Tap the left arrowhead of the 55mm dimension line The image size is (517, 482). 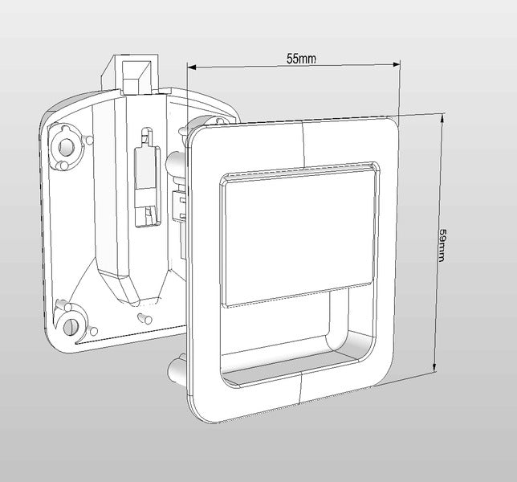pos(193,67)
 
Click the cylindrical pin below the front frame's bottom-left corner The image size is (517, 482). pos(177,370)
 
